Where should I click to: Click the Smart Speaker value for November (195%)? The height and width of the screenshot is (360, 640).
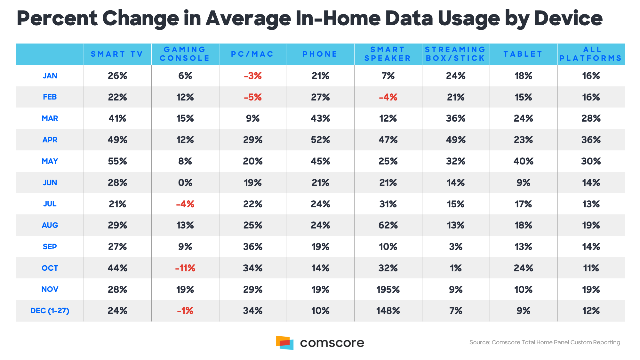[388, 290]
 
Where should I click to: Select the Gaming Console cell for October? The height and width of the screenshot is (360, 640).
[185, 268]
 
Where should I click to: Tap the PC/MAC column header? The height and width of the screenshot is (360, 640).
[252, 54]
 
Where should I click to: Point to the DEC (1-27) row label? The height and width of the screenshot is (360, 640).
[50, 311]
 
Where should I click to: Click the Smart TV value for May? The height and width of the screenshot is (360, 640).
[117, 161]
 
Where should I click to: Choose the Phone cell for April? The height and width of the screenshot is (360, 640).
[320, 140]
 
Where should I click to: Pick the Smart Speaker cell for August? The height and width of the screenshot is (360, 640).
[388, 225]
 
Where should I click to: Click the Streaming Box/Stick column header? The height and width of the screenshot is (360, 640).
[455, 54]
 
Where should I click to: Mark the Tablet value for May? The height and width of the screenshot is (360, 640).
[523, 161]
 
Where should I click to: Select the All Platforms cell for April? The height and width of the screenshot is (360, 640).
[591, 140]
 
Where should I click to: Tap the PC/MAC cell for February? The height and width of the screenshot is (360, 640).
[252, 97]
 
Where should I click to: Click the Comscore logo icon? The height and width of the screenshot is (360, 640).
[284, 343]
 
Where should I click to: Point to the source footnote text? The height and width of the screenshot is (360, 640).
[545, 342]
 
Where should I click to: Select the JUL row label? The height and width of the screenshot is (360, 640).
[50, 204]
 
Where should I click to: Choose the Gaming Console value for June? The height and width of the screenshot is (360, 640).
[185, 183]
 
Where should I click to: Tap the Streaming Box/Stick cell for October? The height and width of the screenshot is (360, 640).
[455, 268]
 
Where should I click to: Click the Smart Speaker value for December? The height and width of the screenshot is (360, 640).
[388, 311]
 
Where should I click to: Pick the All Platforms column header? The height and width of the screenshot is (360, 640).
[591, 54]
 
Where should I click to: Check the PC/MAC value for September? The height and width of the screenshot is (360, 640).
[252, 247]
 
